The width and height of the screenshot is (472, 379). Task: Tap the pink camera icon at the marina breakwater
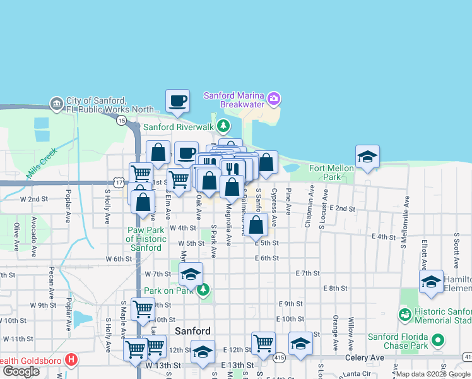click(274, 99)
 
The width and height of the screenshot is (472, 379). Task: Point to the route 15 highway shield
click(122, 119)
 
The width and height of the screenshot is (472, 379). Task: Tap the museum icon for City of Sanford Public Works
click(56, 103)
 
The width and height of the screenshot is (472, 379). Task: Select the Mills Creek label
click(42, 163)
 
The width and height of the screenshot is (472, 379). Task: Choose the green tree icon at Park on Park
click(203, 291)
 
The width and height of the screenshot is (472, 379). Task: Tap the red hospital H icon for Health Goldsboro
click(71, 361)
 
